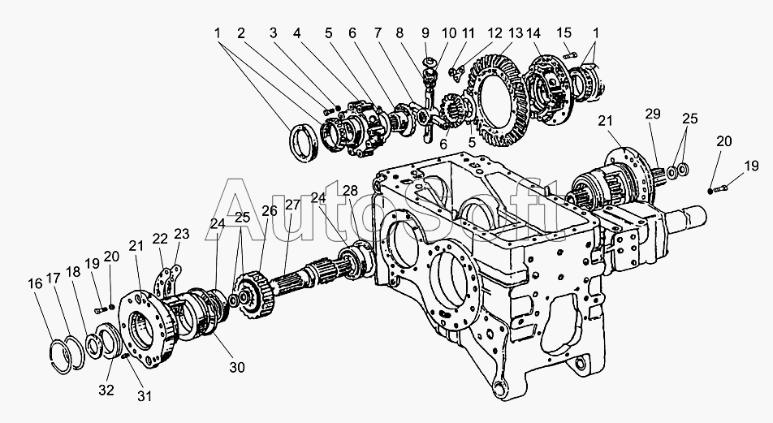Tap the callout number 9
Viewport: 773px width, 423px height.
(x=425, y=33)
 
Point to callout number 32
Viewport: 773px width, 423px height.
(x=106, y=390)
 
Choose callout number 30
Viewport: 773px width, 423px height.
(x=236, y=367)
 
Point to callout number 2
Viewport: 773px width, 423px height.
(x=241, y=33)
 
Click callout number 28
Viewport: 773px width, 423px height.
(x=350, y=190)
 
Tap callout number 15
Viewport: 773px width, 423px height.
(x=564, y=33)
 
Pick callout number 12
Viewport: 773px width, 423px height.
(x=495, y=33)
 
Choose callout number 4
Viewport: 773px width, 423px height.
(x=297, y=33)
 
